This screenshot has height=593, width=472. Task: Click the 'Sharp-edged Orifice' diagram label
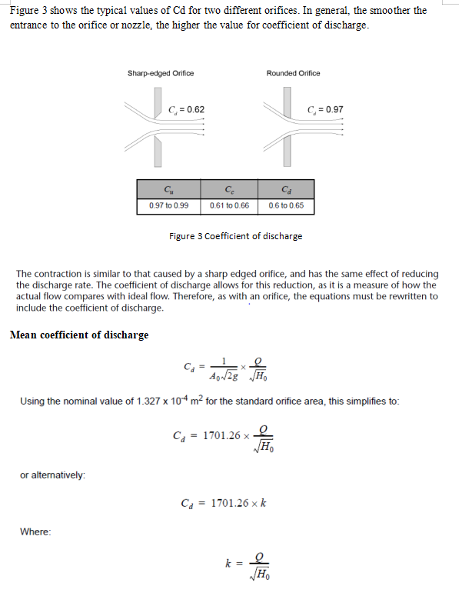[x=160, y=73]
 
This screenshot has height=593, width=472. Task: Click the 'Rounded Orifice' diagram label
[x=293, y=73]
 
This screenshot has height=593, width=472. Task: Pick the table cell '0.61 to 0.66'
[x=230, y=206]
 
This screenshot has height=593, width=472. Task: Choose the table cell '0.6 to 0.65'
[x=286, y=206]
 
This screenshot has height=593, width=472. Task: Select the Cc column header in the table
[x=230, y=190]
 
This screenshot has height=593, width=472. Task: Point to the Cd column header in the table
[x=286, y=190]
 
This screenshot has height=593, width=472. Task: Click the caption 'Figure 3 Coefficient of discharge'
[x=235, y=236]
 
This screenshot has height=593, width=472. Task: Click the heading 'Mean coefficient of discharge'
[x=78, y=335]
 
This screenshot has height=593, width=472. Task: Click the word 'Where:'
[x=35, y=531]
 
